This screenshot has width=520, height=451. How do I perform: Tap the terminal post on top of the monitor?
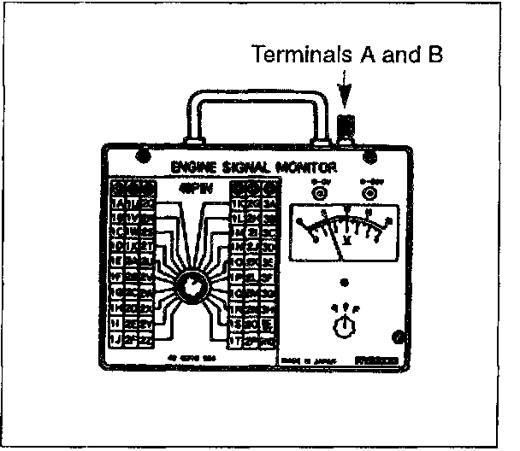(347, 128)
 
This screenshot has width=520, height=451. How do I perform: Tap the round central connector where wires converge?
(191, 289)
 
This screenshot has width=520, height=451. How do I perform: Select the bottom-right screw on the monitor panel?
(395, 336)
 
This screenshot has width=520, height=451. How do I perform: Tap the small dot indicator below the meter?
(345, 281)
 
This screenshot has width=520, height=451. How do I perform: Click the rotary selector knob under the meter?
(346, 325)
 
